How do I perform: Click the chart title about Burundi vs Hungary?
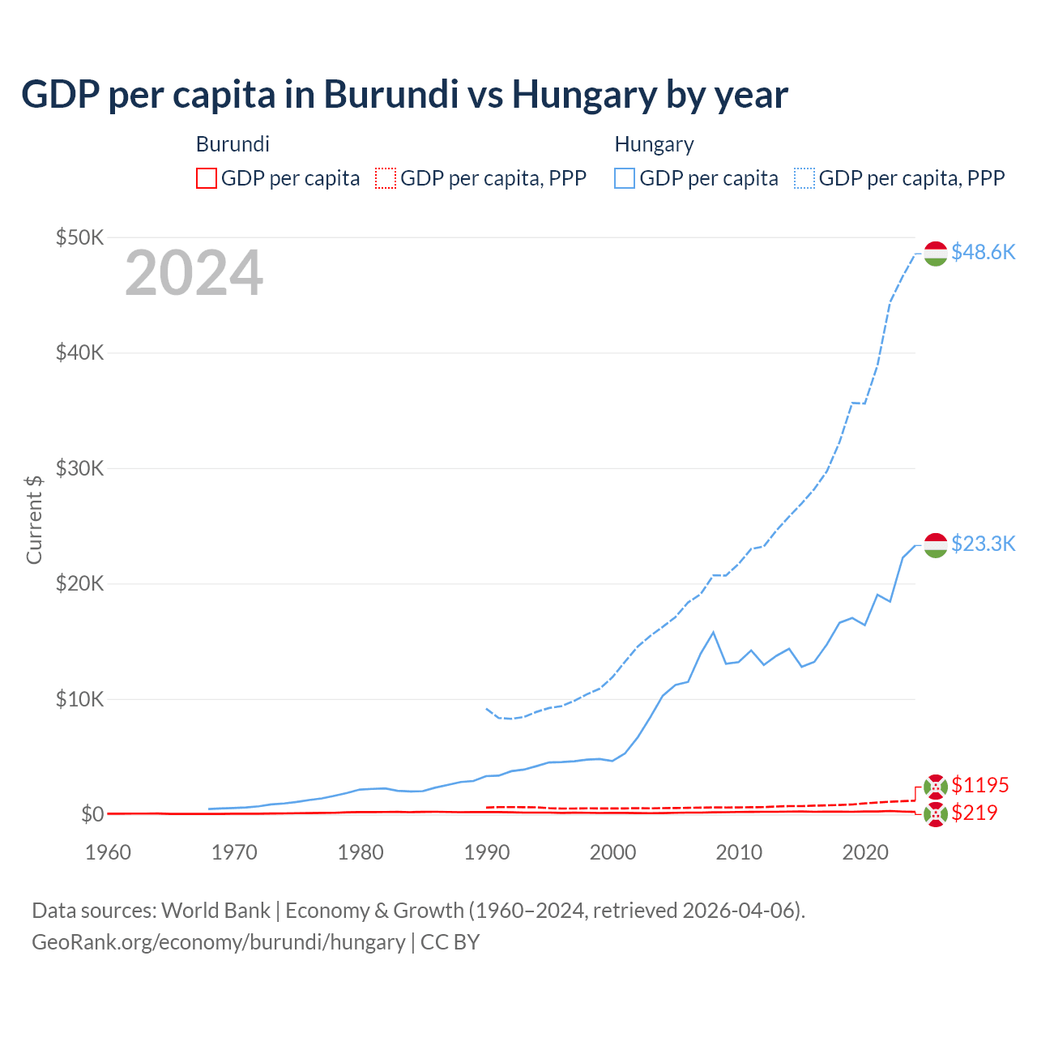(404, 95)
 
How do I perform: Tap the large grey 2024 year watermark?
(194, 273)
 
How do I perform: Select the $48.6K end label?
(983, 252)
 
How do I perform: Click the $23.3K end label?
(983, 544)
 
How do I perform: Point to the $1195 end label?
(979, 785)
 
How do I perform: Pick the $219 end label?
(974, 813)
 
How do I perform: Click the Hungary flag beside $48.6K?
(936, 253)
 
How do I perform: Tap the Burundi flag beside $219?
(936, 814)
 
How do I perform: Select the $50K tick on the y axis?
(79, 237)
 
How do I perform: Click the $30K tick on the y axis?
(79, 468)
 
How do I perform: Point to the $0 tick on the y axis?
(92, 814)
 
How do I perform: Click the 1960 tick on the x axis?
(108, 852)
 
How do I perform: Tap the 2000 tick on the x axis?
(613, 852)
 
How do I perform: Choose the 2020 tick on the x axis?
(866, 852)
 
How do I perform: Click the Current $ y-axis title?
(34, 519)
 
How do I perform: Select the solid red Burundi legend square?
(207, 178)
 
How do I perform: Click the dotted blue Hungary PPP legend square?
(804, 178)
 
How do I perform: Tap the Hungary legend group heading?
(654, 144)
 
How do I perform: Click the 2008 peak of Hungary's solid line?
(713, 632)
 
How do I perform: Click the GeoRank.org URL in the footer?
(218, 942)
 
